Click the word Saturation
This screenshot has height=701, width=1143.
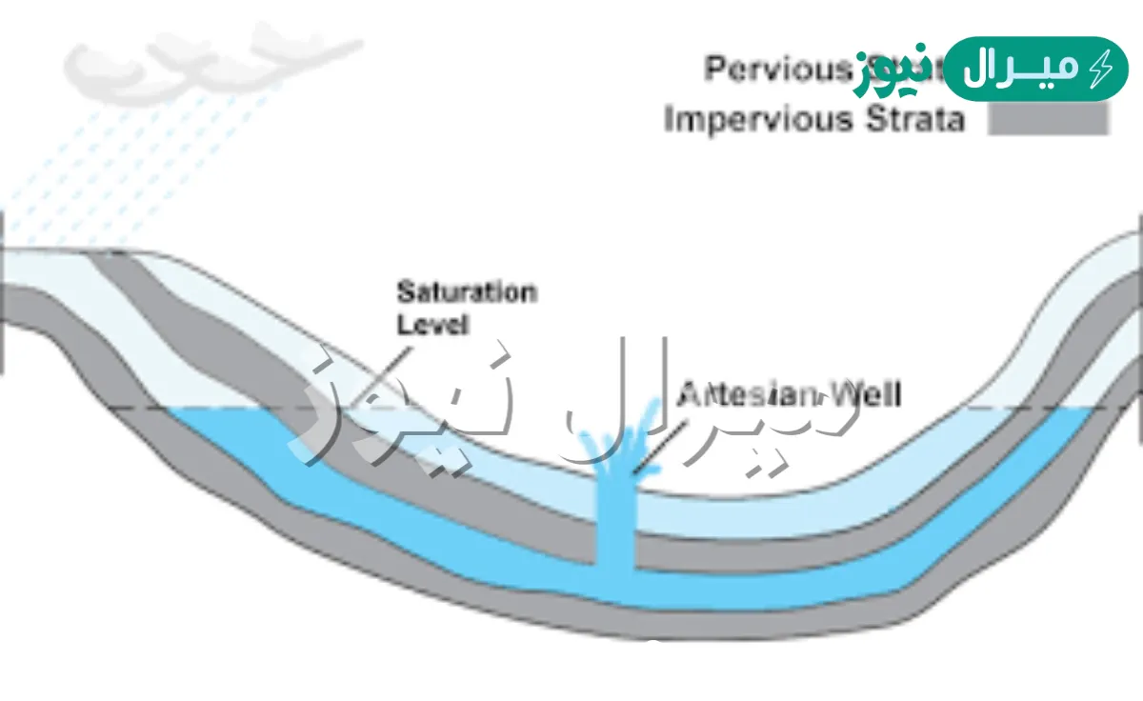click(466, 291)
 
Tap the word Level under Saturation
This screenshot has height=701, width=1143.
click(433, 324)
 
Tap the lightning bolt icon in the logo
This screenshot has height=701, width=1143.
click(1101, 69)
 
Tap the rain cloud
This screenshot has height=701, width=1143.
click(190, 62)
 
